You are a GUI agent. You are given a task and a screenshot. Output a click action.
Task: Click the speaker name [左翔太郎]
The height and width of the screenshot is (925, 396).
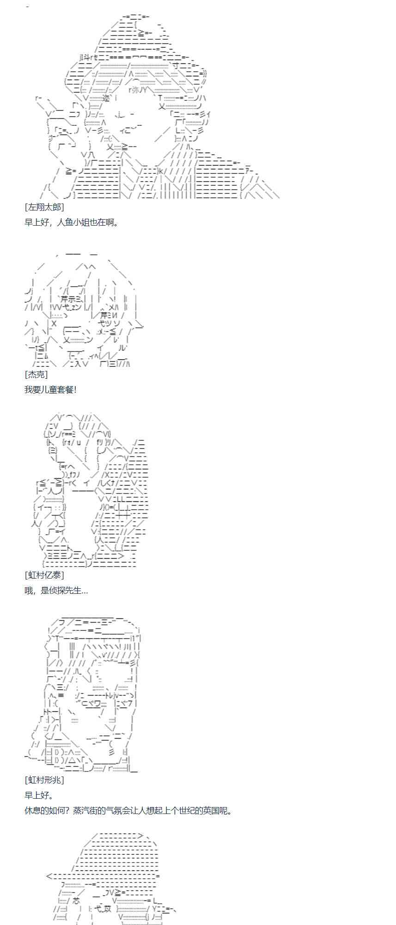[44, 207]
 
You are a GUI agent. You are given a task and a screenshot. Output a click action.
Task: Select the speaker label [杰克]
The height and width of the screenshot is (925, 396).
[36, 375]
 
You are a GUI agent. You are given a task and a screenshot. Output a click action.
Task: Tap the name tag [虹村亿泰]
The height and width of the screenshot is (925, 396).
[44, 575]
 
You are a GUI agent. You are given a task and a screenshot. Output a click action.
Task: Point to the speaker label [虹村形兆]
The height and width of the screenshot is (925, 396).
[44, 780]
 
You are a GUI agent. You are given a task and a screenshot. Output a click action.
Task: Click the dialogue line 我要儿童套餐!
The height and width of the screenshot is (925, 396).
[50, 389]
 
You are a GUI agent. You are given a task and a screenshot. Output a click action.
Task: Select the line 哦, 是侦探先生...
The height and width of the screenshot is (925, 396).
[56, 590]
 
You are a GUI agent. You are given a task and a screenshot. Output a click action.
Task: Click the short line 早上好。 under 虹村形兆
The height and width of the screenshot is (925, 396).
[39, 795]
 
